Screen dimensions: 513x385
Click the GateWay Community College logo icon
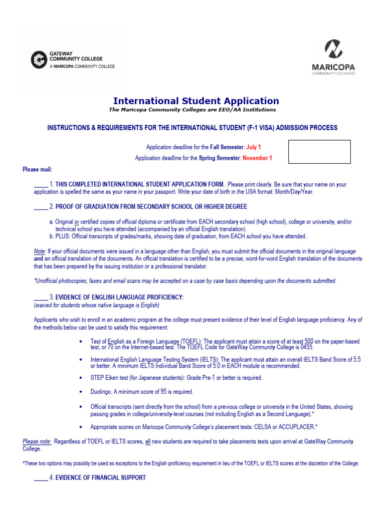pos(39,60)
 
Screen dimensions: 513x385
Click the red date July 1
pos(254,147)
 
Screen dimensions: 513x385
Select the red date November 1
pos(257,158)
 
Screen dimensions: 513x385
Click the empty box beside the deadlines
pos(319,152)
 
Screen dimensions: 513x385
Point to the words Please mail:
pos(37,169)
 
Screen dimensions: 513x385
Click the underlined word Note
pos(39,251)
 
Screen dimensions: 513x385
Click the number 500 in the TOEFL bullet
pos(309,341)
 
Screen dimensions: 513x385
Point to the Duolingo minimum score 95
pos(163,391)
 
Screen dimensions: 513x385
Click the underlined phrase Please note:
pos(37,441)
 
